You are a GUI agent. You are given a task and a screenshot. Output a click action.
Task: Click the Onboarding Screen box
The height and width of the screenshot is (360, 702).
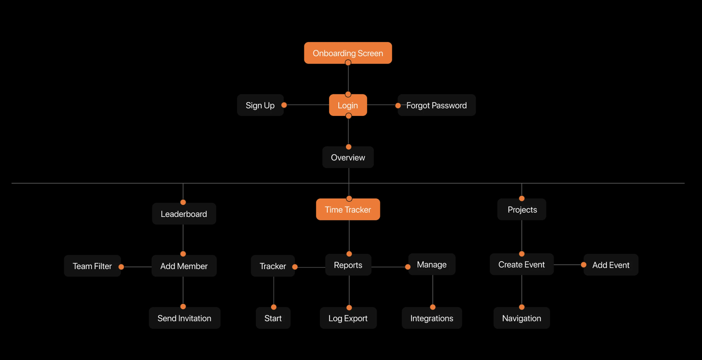pos(348,53)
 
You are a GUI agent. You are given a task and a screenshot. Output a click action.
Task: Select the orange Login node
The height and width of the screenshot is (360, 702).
pos(348,105)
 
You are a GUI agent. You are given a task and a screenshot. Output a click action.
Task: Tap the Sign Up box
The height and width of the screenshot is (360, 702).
pos(260,105)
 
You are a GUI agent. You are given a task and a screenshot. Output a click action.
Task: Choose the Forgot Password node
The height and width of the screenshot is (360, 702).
pos(437,105)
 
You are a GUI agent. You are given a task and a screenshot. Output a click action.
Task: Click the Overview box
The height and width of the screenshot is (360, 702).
pos(348,157)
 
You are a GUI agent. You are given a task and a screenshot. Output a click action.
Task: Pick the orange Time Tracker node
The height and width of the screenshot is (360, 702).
pos(348,209)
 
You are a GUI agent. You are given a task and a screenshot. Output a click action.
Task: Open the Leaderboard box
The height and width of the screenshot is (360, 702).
pos(184,213)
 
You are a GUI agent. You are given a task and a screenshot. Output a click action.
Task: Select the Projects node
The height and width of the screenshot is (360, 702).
pos(522,209)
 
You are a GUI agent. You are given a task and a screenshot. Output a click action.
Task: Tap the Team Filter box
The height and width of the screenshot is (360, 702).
pos(93,266)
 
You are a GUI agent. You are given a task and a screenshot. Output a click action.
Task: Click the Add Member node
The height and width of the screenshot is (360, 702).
pos(184,266)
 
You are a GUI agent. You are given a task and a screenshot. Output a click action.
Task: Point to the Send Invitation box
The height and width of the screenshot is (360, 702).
pos(185,318)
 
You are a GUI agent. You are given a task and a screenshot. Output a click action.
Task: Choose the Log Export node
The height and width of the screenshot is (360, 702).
pos(348,318)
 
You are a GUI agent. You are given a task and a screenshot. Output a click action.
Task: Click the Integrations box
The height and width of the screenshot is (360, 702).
pos(432,318)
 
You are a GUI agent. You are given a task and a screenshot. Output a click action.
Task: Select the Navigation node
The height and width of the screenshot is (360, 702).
pos(522,318)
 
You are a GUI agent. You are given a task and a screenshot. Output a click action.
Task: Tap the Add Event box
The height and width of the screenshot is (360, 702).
pos(611,265)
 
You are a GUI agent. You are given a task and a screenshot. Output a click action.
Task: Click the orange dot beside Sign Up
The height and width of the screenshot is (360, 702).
pos(284,105)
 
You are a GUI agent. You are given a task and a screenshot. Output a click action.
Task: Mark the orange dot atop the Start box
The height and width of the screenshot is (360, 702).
pos(274,307)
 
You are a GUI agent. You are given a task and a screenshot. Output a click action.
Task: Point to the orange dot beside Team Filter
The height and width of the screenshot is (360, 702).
pos(121,267)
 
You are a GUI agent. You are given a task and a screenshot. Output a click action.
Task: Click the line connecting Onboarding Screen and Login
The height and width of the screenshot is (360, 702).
pos(348,79)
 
